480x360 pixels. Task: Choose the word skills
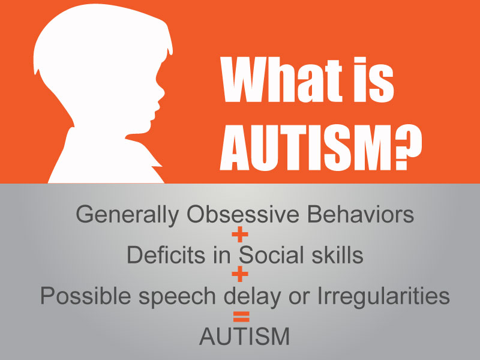[x=334, y=255]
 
